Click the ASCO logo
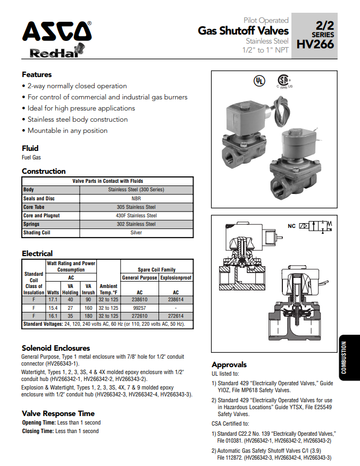pyautogui.click(x=56, y=32)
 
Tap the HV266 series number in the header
pyautogui.click(x=316, y=44)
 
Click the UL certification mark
pyautogui.click(x=259, y=81)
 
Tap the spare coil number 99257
pyautogui.click(x=140, y=308)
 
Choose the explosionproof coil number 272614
pyautogui.click(x=176, y=316)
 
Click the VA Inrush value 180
pyautogui.click(x=88, y=316)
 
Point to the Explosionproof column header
pyautogui.click(x=176, y=277)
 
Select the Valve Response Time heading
pyautogui.click(x=58, y=413)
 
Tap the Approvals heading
pyautogui.click(x=229, y=365)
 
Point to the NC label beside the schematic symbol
pyautogui.click(x=291, y=226)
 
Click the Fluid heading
pyautogui.click(x=30, y=148)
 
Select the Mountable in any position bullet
pyautogui.click(x=68, y=131)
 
